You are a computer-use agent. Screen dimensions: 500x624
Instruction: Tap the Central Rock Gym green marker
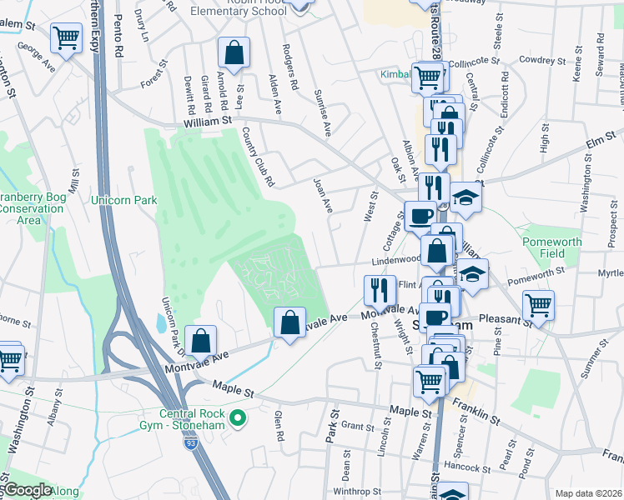(x=239, y=417)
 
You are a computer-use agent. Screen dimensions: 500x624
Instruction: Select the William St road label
(x=208, y=122)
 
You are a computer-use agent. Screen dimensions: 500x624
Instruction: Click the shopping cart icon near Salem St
(x=66, y=37)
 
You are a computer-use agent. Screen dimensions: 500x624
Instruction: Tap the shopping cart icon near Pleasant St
(x=539, y=304)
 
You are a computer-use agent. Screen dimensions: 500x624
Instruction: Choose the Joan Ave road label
(x=323, y=194)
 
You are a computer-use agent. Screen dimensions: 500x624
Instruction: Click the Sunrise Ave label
(x=323, y=112)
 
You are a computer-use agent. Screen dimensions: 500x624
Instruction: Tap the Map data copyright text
(x=588, y=493)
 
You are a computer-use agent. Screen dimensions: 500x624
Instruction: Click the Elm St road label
(x=600, y=137)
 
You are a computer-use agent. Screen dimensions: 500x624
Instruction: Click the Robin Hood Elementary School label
(x=239, y=9)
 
